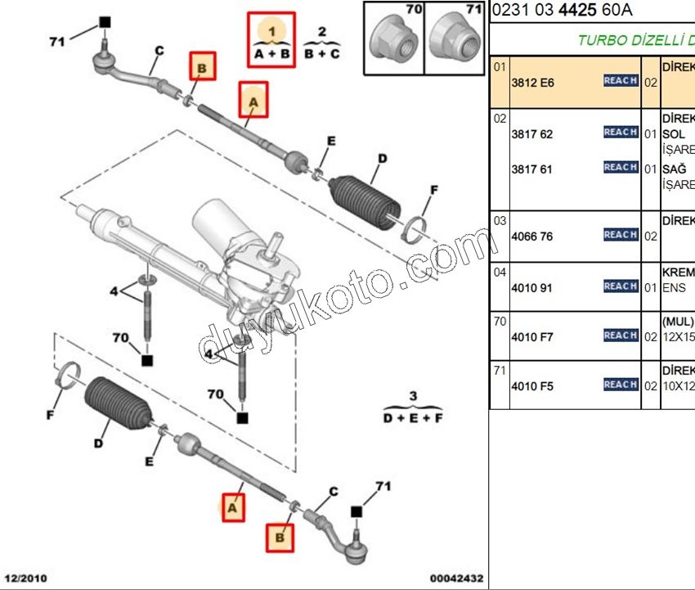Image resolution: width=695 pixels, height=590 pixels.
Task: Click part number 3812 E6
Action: point(531,82)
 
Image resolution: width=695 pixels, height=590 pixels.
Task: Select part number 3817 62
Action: point(531,133)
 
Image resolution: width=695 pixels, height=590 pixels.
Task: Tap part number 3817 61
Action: point(531,169)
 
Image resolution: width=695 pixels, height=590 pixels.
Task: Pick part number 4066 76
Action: point(531,236)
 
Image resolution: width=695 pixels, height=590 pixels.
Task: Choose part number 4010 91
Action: point(531,287)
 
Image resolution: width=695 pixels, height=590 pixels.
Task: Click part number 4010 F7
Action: point(531,336)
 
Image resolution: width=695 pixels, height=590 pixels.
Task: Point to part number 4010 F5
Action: point(531,385)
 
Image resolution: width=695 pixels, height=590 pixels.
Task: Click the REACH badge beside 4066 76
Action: point(621,235)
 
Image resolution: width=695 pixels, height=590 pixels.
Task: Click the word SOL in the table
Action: point(673,134)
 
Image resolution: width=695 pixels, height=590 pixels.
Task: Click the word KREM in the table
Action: point(678,272)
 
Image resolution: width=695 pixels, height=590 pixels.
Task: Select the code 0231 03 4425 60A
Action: point(563,11)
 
